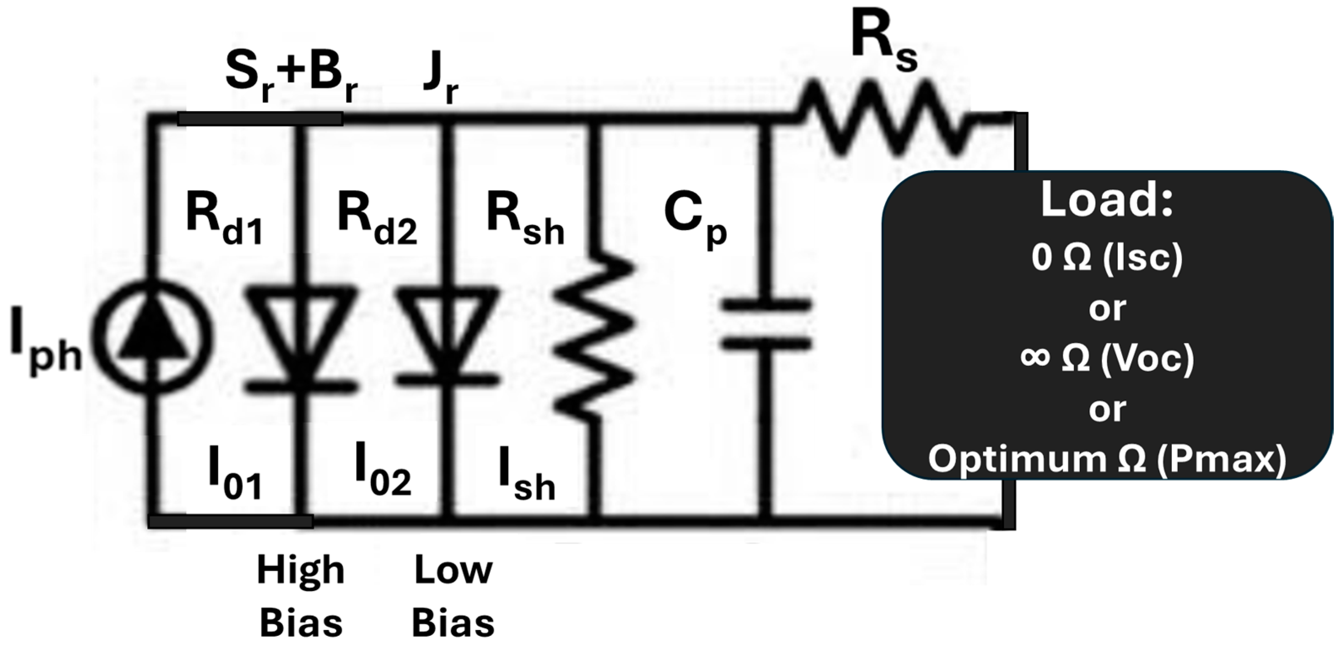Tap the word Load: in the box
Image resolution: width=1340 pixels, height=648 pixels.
coord(1107,201)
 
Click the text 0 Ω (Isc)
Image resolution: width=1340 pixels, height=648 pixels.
coord(1107,258)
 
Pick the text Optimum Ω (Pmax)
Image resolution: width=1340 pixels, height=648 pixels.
coord(1107,459)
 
